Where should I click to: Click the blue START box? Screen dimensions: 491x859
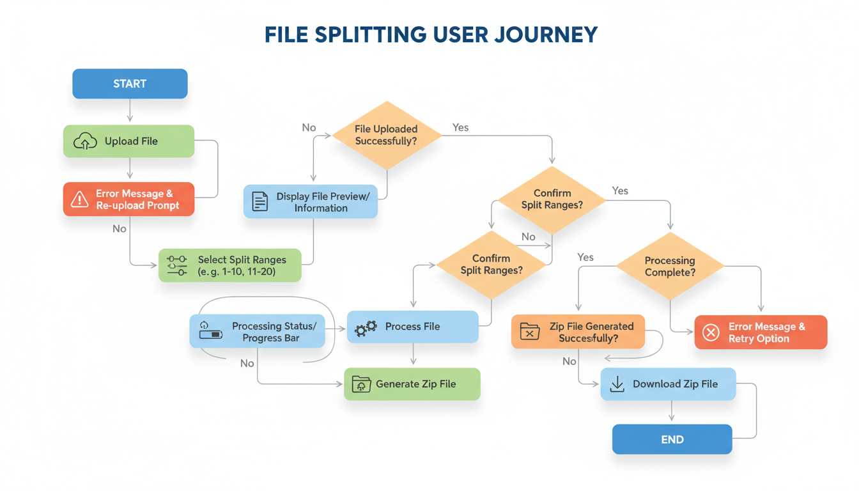[x=130, y=84]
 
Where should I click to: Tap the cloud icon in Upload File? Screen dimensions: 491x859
[x=85, y=141]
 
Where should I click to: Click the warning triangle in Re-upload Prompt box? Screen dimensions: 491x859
[x=79, y=199]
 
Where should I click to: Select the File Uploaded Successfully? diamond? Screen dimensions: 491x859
[x=386, y=135]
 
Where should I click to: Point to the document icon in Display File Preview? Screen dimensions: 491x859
[x=259, y=201]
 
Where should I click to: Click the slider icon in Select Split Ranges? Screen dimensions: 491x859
[x=176, y=265]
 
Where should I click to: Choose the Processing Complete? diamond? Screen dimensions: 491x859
[x=669, y=267]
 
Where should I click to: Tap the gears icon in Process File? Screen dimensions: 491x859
[x=366, y=328]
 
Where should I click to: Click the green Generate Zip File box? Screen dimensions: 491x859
[x=412, y=384]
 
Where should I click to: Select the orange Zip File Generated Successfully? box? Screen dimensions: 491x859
[x=578, y=332]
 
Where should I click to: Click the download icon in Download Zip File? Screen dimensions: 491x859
[x=617, y=384]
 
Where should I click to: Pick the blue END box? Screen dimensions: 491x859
[x=672, y=440]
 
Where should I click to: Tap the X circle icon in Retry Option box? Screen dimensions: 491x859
[x=710, y=332]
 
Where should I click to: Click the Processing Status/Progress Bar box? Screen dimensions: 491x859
[x=258, y=332]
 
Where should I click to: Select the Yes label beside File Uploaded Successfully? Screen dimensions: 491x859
[x=460, y=128]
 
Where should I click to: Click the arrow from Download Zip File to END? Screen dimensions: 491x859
[x=672, y=412]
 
